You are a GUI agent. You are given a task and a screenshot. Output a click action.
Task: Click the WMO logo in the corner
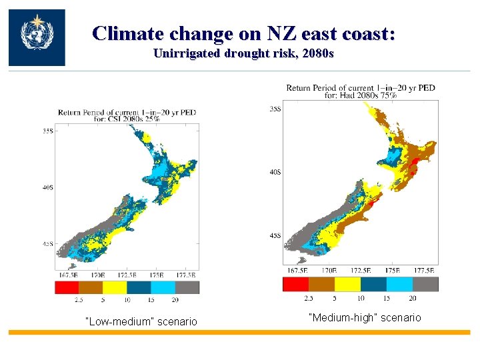pyautogui.click(x=37, y=37)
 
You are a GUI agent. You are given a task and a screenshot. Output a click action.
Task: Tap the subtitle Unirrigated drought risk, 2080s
pyautogui.click(x=243, y=53)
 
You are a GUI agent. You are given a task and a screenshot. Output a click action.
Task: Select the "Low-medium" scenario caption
pyautogui.click(x=141, y=322)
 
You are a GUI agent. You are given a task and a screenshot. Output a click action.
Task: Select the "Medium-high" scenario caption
pyautogui.click(x=365, y=317)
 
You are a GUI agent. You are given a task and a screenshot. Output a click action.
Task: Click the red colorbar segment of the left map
pyautogui.click(x=67, y=287)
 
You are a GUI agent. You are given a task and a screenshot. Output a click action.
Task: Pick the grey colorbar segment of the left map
pyautogui.click(x=187, y=287)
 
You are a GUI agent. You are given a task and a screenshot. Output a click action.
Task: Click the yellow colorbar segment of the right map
pyautogui.click(x=347, y=284)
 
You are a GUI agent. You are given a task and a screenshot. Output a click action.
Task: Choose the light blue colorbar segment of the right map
pyautogui.click(x=399, y=284)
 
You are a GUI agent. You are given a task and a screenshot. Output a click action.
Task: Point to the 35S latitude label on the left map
pyautogui.click(x=48, y=132)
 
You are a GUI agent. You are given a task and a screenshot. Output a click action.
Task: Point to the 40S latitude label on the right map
pyautogui.click(x=275, y=171)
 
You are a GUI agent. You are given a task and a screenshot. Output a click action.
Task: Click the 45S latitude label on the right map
pyautogui.click(x=275, y=235)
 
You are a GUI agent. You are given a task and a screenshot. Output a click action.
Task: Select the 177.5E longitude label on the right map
pyautogui.click(x=424, y=271)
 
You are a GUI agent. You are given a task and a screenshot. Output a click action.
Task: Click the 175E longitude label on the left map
pyautogui.click(x=157, y=275)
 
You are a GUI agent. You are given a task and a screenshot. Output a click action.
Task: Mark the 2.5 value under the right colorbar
pyautogui.click(x=309, y=298)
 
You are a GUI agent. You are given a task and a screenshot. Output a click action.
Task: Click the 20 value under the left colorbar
pyautogui.click(x=175, y=301)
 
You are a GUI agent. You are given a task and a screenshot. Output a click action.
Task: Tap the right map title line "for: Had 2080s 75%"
pyautogui.click(x=361, y=95)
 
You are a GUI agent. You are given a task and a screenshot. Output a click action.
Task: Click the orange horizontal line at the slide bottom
pyautogui.click(x=240, y=331)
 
